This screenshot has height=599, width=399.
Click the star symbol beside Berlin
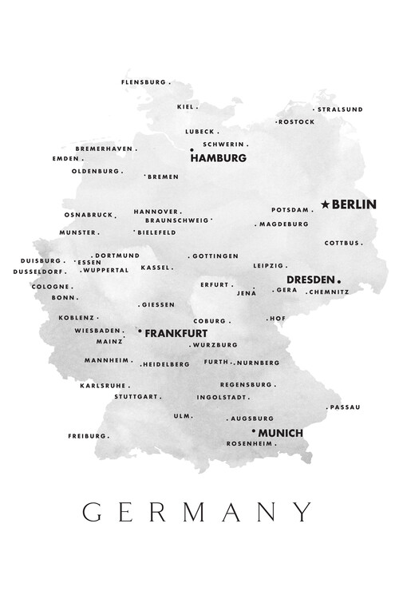[x=325, y=204]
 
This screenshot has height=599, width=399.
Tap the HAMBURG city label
[x=218, y=158]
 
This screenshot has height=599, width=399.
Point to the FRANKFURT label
[x=176, y=332]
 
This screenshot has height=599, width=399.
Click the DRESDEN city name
[x=310, y=280]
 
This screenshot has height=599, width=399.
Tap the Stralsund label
[x=340, y=109]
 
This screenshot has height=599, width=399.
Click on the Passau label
[x=345, y=407]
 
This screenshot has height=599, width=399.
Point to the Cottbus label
[x=342, y=243]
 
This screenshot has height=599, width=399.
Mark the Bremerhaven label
[x=103, y=149]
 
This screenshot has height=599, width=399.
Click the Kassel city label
[x=155, y=268]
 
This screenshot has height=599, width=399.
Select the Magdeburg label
[x=283, y=224]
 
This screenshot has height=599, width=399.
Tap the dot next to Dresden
[x=339, y=280]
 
